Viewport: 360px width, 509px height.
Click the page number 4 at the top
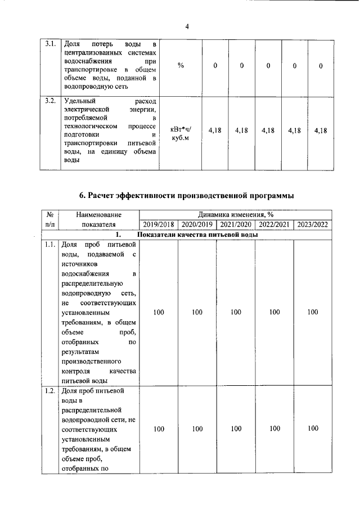[x=187, y=26]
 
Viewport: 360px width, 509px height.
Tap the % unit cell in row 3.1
[x=181, y=65]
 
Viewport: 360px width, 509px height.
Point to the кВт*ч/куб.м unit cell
[x=181, y=134]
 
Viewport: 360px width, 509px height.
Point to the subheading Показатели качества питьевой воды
[x=197, y=235]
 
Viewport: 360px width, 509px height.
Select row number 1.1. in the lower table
[x=49, y=245]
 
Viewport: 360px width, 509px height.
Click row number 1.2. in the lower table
[x=49, y=390]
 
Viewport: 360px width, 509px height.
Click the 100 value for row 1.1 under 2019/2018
[x=159, y=312]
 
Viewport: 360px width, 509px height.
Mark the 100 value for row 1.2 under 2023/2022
[x=313, y=429]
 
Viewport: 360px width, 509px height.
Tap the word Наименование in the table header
[x=98, y=214]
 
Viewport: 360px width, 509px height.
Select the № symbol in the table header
[x=49, y=214]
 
